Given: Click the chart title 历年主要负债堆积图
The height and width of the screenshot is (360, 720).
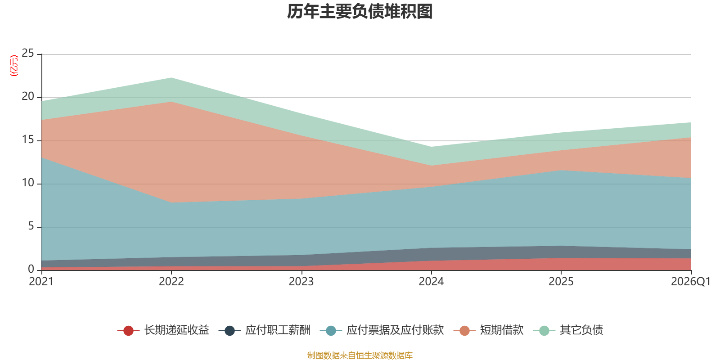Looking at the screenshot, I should (x=360, y=12).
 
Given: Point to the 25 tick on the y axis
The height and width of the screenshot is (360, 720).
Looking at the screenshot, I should (x=28, y=54).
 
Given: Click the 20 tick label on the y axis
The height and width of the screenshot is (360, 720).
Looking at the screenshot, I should (x=28, y=97).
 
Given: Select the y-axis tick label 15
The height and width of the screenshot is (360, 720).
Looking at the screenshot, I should (x=28, y=140).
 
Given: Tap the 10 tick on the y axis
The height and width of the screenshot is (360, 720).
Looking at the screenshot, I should (x=28, y=183).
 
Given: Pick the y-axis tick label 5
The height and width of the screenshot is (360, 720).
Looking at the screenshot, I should (x=31, y=226).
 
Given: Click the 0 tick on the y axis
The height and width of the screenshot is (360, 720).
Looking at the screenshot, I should (x=31, y=269).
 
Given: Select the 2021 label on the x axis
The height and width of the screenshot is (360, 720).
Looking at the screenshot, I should (x=41, y=282).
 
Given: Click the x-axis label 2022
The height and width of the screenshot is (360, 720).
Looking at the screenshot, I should (x=171, y=282).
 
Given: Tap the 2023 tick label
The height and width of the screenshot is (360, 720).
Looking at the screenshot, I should (x=301, y=282).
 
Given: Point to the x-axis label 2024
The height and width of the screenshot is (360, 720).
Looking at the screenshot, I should (x=431, y=282).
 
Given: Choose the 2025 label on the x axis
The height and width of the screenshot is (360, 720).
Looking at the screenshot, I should (x=561, y=282).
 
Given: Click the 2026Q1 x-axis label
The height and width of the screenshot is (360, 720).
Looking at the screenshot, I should (x=690, y=282).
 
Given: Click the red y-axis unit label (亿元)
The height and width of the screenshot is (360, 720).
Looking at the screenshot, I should (x=14, y=66).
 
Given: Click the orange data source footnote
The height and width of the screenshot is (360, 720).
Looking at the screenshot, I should (x=360, y=355).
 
